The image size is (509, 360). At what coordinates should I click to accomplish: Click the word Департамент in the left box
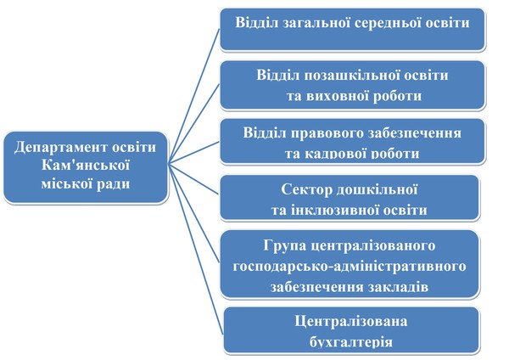pyautogui.click(x=62, y=148)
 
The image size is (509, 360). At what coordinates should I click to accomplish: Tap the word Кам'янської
pyautogui.click(x=86, y=165)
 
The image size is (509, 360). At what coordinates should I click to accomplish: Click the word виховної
pyautogui.click(x=336, y=96)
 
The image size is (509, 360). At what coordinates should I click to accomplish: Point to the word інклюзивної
pyautogui.click(x=335, y=211)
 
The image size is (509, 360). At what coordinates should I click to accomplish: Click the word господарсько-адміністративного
pyautogui.click(x=350, y=267)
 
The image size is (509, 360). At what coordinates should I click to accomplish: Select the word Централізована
pyautogui.click(x=351, y=322)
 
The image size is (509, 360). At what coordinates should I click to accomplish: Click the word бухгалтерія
pyautogui.click(x=351, y=342)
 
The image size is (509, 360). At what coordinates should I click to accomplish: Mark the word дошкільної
pyautogui.click(x=377, y=189)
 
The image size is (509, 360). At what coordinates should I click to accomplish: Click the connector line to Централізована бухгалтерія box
pyautogui.click(x=196, y=248)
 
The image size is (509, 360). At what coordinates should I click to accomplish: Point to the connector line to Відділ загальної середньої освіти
pyautogui.click(x=194, y=97)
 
